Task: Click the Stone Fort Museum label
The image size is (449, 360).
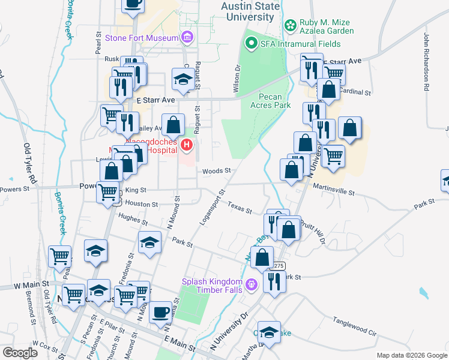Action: tap(142, 38)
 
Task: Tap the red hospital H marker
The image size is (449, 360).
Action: tap(187, 145)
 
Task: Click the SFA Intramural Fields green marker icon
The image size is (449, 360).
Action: tap(250, 44)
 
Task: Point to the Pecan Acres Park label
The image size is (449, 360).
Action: tap(274, 101)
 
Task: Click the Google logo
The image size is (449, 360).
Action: tap(19, 352)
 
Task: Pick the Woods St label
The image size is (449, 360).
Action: tap(217, 171)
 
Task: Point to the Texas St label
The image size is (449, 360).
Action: tap(240, 207)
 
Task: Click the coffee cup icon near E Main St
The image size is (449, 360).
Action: tap(160, 313)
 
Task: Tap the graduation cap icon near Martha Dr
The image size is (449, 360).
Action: tap(270, 332)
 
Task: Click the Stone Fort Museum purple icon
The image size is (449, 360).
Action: tap(187, 38)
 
